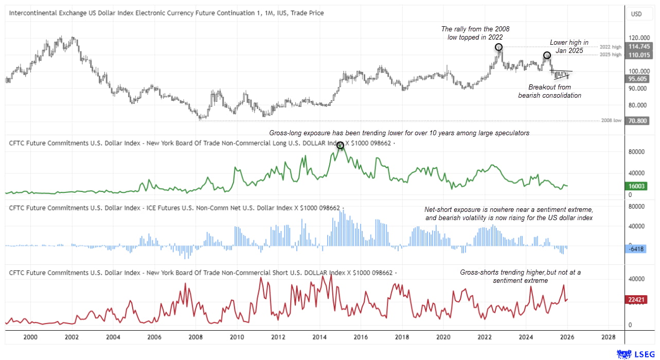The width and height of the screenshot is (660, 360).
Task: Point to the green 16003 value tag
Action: pyautogui.click(x=637, y=186)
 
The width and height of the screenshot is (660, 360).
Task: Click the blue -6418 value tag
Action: pyautogui.click(x=637, y=249)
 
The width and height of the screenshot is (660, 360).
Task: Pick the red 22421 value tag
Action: pyautogui.click(x=637, y=299)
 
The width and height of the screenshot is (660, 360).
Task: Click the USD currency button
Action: pyautogui.click(x=637, y=14)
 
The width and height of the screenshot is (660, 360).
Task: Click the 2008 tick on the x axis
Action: pyautogui.click(x=195, y=337)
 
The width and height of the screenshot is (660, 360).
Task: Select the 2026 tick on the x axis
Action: pyautogui.click(x=567, y=337)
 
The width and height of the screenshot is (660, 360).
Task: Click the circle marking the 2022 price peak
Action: pyautogui.click(x=499, y=47)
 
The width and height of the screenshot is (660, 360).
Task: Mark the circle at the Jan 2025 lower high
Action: pyautogui.click(x=547, y=55)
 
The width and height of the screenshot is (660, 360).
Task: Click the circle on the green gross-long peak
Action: pyautogui.click(x=340, y=146)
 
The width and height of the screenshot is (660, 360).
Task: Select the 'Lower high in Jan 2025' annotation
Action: pyautogui.click(x=569, y=46)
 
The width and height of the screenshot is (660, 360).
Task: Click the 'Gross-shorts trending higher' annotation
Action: pyautogui.click(x=520, y=276)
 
